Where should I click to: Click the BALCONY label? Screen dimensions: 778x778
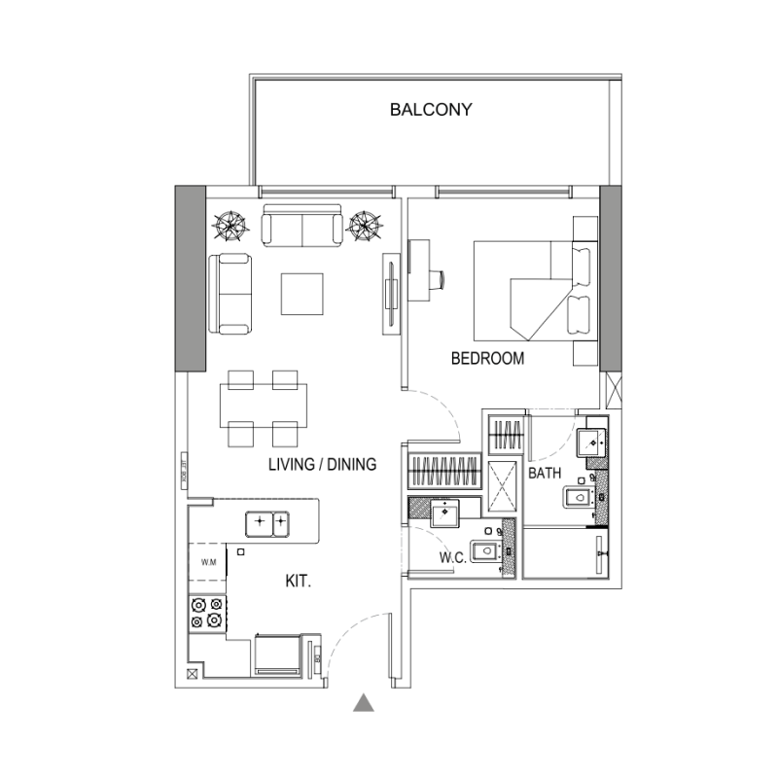point(431,110)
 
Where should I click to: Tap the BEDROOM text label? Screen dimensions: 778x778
point(487,359)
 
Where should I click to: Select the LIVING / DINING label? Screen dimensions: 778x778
point(322,465)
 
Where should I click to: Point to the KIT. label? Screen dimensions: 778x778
point(298,582)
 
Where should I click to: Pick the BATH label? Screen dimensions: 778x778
point(543,474)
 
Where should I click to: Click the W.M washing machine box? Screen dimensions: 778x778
point(207,562)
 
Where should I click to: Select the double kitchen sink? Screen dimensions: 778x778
point(268,523)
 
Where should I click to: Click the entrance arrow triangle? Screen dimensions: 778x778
point(364,703)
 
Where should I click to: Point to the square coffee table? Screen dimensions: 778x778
point(302,293)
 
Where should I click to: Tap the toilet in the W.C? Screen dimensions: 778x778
point(482,552)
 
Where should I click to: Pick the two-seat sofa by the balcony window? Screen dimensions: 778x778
point(301,226)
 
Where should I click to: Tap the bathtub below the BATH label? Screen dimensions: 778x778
point(564,553)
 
